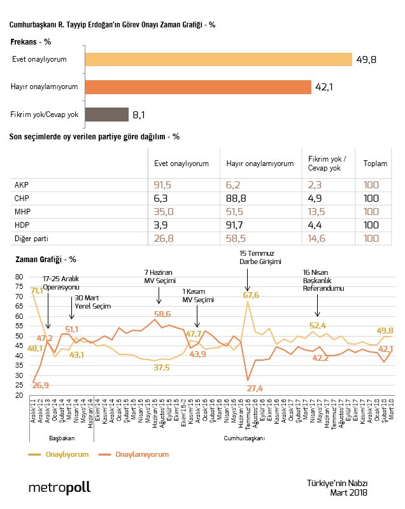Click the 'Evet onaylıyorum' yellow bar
(218, 59)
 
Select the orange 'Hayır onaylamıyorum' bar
(197, 87)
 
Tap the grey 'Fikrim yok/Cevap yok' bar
(106, 115)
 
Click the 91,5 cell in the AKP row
(164, 185)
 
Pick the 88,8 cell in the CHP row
(236, 199)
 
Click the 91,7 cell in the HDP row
(236, 225)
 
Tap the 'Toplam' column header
(375, 164)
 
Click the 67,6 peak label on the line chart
(252, 295)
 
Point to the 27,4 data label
(254, 388)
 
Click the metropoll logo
(59, 487)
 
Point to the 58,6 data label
(163, 314)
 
